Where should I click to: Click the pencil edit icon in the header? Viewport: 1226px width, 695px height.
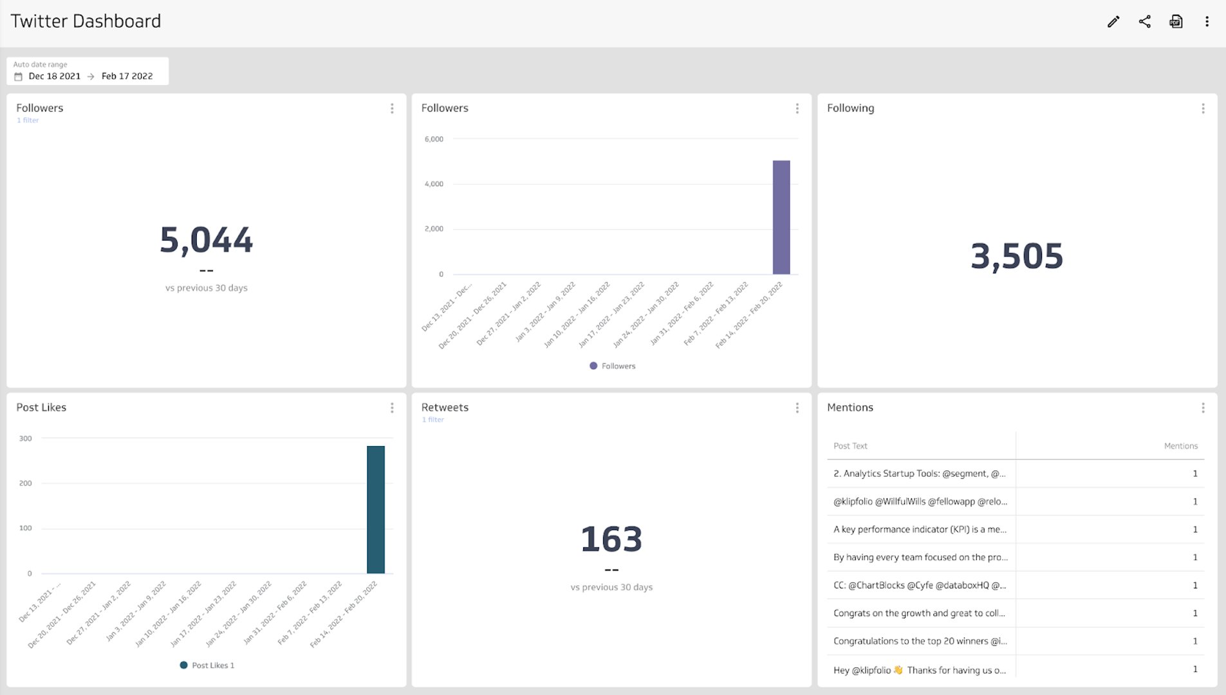1113,22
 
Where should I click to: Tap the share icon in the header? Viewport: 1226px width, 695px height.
1145,22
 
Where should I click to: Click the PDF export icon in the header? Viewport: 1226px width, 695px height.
1176,22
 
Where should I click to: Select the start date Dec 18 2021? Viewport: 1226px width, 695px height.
54,76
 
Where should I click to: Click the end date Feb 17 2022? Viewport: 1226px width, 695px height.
127,76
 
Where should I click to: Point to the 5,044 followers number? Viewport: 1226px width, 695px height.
206,240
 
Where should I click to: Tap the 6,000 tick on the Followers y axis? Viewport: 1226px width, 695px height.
434,139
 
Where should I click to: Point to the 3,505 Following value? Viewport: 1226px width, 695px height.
1017,256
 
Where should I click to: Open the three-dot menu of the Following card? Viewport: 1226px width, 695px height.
1203,109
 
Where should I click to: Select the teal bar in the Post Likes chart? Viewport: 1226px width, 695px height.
376,509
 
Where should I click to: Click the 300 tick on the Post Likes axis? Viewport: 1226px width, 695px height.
26,438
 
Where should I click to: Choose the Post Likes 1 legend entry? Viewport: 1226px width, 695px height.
207,665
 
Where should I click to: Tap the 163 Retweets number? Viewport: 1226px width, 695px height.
611,539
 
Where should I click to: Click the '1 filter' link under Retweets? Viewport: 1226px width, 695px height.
433,420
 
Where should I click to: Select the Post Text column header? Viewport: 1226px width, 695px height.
850,446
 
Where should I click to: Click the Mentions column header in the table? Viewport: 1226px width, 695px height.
1180,446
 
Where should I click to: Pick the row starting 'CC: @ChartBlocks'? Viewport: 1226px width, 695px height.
919,586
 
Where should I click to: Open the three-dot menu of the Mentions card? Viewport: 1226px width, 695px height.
1203,408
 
